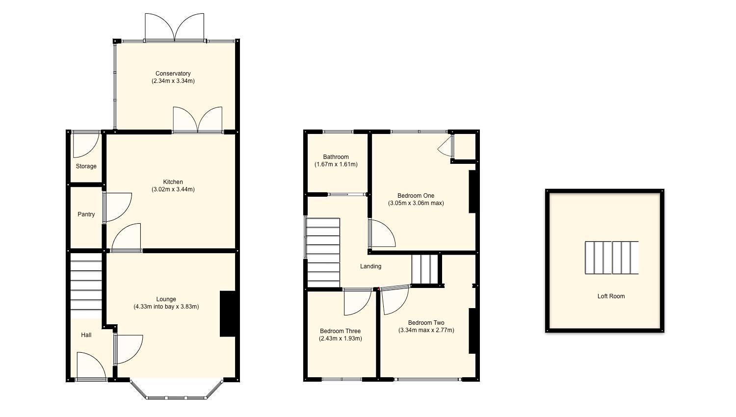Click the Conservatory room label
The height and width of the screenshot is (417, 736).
(x=173, y=74)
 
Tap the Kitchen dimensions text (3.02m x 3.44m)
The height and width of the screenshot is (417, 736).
(x=173, y=189)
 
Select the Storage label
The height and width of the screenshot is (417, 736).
(x=86, y=166)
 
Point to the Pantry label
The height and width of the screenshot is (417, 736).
(x=86, y=214)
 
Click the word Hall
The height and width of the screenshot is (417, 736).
(x=86, y=335)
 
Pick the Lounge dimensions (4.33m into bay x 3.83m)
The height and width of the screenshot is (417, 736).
(x=166, y=307)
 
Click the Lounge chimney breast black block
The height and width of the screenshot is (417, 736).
(x=228, y=314)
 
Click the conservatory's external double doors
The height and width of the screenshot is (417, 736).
(x=174, y=27)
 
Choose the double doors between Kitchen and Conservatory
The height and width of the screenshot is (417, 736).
(x=197, y=120)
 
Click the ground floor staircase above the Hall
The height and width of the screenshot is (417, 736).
(x=86, y=285)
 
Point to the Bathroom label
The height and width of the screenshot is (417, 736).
(x=336, y=157)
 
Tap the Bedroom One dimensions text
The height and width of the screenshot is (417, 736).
(x=416, y=203)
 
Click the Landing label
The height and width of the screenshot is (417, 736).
(x=370, y=266)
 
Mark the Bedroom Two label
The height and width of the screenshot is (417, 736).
(x=426, y=323)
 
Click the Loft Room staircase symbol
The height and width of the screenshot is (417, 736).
(x=611, y=258)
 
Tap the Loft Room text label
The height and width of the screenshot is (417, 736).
(x=611, y=296)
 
